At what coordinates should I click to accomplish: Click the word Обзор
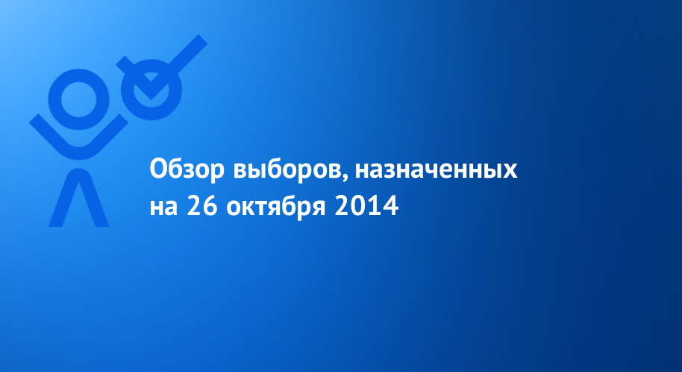187,170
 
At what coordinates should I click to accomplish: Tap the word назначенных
437,170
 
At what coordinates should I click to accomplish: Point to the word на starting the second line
163,208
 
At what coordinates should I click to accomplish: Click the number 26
201,205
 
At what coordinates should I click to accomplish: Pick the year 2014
366,205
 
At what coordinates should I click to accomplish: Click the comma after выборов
345,179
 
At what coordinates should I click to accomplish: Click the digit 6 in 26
210,205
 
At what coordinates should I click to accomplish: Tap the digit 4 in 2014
390,205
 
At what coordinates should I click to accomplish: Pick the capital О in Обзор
159,169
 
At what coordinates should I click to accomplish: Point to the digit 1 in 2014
374,205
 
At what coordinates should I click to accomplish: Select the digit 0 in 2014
359,205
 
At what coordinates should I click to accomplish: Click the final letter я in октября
319,208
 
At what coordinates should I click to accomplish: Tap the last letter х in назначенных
510,171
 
